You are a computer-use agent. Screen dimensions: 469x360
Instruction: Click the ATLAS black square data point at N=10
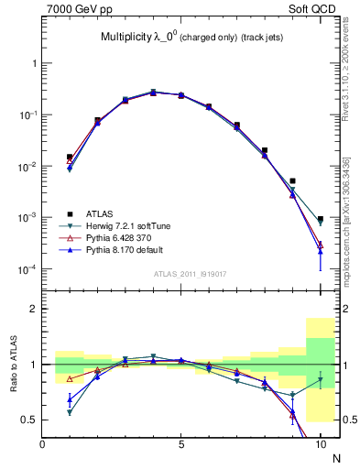(321, 220)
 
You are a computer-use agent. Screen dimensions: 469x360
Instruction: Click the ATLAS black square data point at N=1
(70, 157)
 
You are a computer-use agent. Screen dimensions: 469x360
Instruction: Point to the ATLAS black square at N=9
(292, 181)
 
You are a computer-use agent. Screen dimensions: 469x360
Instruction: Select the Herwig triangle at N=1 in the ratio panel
(70, 412)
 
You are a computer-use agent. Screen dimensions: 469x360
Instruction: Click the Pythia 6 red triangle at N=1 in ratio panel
(70, 378)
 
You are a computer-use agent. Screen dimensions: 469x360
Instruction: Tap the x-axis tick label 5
(181, 444)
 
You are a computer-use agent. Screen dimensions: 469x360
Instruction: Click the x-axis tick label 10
(320, 444)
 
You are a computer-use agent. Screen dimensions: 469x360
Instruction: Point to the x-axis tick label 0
(42, 444)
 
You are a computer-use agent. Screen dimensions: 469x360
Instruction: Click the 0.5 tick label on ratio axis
(29, 420)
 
